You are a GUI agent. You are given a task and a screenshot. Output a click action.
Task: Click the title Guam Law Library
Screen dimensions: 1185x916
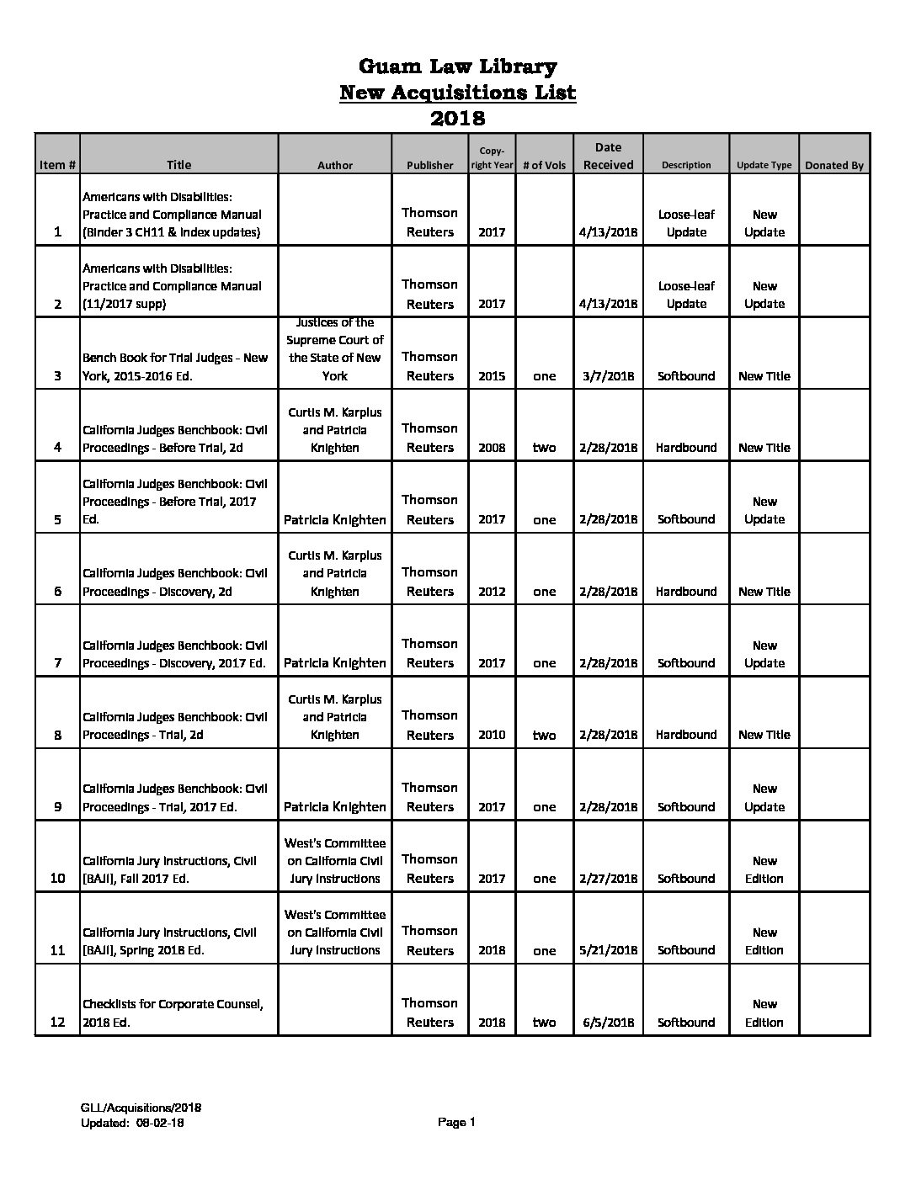457,66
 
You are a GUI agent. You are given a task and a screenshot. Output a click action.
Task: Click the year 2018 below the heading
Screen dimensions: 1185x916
457,118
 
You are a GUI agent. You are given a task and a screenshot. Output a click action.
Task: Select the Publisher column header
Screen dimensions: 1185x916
429,165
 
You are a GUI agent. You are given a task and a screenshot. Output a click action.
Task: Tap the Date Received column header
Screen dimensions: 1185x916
608,156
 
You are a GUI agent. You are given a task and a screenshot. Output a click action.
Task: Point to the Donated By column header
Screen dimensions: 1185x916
833,165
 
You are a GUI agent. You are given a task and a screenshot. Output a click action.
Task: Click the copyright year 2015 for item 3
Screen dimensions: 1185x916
492,376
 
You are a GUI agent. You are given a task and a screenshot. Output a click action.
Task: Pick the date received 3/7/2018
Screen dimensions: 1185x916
608,376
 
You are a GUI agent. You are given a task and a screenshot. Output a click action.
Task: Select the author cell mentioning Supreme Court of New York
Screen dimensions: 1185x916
334,348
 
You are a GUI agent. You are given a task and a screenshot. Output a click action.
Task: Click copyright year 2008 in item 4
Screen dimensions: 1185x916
492,448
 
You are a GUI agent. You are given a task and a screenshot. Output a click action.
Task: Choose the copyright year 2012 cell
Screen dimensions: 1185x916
492,592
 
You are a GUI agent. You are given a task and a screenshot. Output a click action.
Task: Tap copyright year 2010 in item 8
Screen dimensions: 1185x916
492,735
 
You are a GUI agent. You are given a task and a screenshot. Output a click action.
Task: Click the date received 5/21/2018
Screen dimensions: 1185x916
608,950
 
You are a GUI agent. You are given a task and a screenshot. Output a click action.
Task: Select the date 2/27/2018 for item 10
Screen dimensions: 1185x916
608,879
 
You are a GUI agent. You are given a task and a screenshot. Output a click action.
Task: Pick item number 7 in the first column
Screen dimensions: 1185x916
57,663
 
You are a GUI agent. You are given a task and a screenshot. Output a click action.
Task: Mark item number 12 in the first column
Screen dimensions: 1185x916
57,1023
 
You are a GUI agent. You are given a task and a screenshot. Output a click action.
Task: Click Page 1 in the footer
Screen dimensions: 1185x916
457,1122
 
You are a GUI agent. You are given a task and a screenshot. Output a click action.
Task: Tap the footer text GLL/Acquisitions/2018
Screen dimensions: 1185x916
141,1108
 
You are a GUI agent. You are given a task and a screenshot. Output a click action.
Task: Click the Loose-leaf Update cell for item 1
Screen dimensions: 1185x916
685,223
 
